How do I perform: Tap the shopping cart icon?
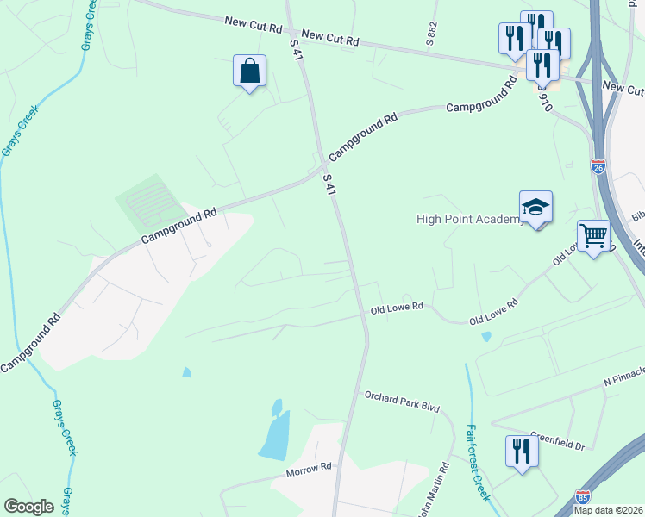click(593, 235)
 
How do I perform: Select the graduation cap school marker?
click(535, 207)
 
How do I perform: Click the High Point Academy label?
click(470, 219)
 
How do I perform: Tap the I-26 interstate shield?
click(599, 166)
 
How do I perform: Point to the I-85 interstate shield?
click(584, 498)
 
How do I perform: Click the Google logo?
click(28, 506)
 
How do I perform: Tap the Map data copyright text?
click(609, 510)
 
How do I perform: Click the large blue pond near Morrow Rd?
click(275, 431)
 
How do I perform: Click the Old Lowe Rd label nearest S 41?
click(397, 307)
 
